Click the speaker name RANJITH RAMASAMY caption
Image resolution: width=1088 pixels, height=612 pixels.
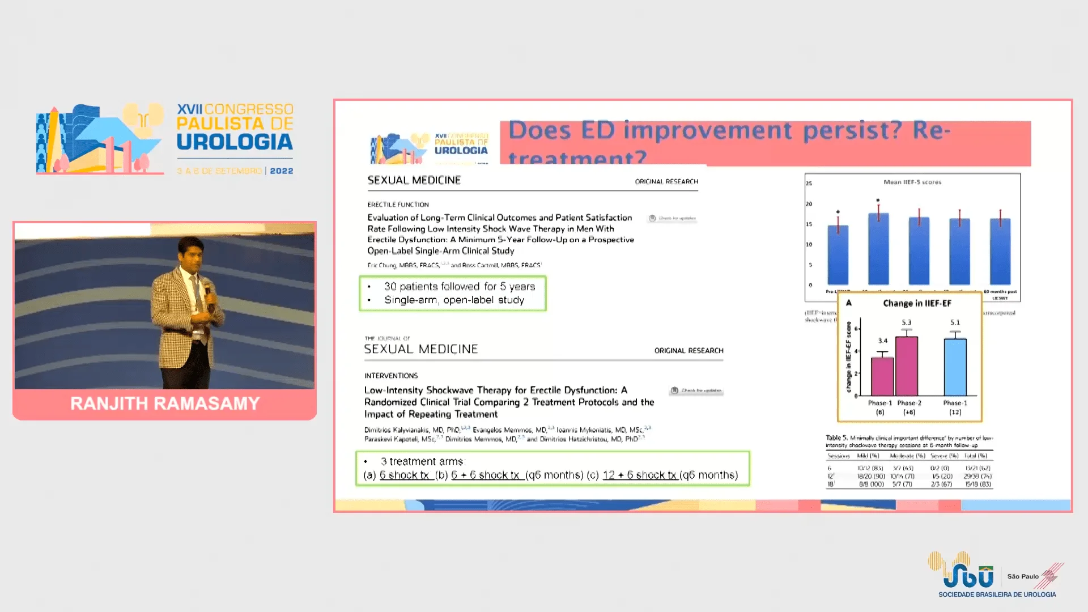click(165, 403)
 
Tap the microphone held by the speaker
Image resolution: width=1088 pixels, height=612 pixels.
click(207, 290)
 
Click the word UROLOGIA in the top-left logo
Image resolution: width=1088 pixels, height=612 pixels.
click(235, 142)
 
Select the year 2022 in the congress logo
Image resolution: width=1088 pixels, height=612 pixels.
click(282, 171)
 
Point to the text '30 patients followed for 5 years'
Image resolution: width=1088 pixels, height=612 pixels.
click(459, 287)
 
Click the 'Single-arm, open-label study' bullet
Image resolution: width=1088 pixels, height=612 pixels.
click(454, 300)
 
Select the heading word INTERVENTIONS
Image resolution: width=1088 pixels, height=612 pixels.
click(391, 376)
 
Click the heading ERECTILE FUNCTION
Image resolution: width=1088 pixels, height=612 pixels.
click(398, 205)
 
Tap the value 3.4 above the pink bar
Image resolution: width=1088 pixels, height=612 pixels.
click(883, 341)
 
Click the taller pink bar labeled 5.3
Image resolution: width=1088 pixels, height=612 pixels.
click(907, 366)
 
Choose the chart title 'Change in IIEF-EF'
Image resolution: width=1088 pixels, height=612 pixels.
click(917, 303)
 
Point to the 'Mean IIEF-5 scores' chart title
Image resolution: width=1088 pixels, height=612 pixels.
click(912, 182)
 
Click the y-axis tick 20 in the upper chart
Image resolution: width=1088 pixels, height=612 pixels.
click(809, 204)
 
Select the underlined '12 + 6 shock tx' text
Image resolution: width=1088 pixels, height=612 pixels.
click(640, 475)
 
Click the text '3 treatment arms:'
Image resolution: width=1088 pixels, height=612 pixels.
click(423, 462)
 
